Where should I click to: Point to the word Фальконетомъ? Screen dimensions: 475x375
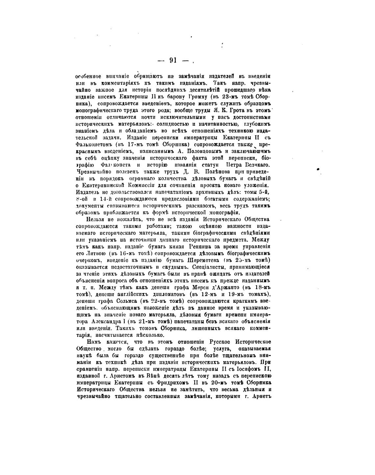(90, 144)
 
